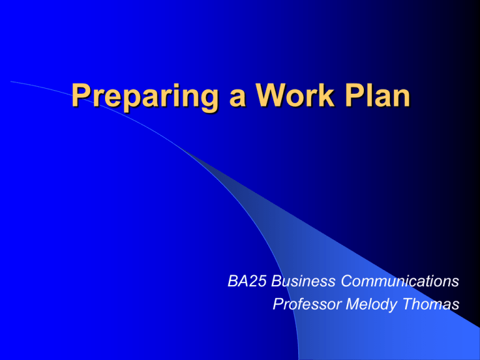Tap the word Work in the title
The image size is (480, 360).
[295, 95]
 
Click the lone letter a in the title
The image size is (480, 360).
[237, 98]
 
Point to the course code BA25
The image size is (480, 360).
[247, 281]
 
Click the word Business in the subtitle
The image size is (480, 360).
[303, 281]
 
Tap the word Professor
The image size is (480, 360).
[307, 304]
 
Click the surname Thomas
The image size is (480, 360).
[431, 304]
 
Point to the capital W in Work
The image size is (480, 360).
[271, 95]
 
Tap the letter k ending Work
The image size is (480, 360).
[326, 95]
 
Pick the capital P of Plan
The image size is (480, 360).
[355, 95]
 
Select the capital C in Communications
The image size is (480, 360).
[347, 281]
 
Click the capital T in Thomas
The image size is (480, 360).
[408, 304]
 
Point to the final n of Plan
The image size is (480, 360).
[402, 98]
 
